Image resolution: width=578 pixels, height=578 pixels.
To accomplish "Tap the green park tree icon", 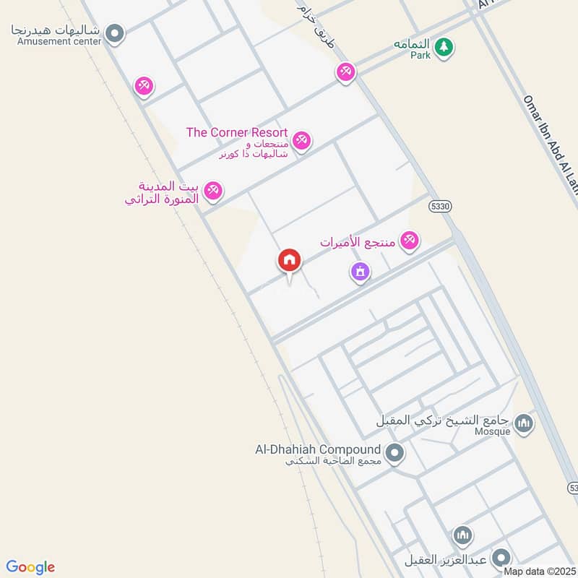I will pyautogui.click(x=445, y=47).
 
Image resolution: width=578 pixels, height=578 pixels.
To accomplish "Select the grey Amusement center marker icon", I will pyautogui.click(x=113, y=33).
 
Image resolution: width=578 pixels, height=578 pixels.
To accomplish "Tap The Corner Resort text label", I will pyautogui.click(x=237, y=133).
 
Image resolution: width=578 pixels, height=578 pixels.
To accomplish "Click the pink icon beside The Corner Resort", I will pyautogui.click(x=302, y=139).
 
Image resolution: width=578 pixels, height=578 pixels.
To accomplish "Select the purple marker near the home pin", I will pyautogui.click(x=360, y=272).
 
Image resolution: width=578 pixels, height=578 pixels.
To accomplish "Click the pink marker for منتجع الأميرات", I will pyautogui.click(x=410, y=240).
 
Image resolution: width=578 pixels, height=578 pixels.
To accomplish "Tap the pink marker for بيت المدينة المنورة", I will pyautogui.click(x=212, y=191).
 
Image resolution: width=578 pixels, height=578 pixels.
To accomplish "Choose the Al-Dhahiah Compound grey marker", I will pyautogui.click(x=394, y=454).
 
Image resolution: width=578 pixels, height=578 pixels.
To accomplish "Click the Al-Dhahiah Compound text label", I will pyautogui.click(x=317, y=449).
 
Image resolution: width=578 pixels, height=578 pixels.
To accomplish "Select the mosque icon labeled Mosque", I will pyautogui.click(x=524, y=423).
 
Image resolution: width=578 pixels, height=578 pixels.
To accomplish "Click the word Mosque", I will pyautogui.click(x=493, y=431).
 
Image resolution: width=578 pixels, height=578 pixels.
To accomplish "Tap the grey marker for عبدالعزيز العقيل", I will pyautogui.click(x=500, y=558).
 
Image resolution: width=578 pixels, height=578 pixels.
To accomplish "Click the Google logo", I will pyautogui.click(x=30, y=567).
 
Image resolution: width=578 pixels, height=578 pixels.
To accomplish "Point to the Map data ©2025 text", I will pyautogui.click(x=539, y=571).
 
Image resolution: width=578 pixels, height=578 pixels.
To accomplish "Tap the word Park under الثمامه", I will pyautogui.click(x=420, y=55).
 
